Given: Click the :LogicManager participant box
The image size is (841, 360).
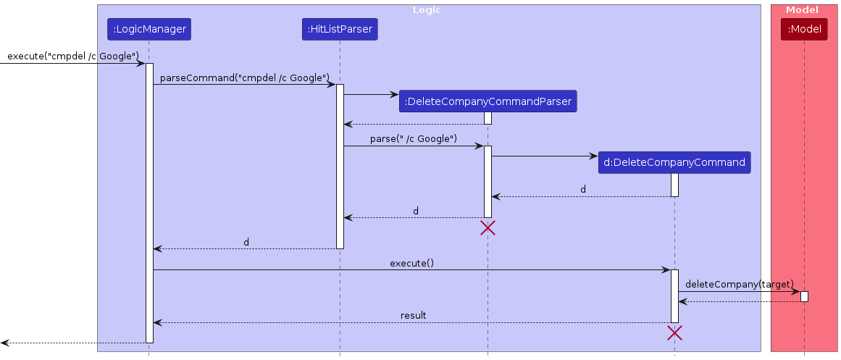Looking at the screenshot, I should (x=148, y=30).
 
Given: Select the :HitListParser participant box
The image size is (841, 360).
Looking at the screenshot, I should (x=340, y=30).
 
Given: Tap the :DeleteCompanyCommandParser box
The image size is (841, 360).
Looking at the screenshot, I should (x=488, y=101).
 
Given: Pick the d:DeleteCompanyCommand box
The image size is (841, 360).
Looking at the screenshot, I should (x=674, y=162).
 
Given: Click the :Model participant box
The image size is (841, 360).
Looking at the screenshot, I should (x=803, y=30).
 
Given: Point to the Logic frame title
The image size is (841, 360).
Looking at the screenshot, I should (x=427, y=10).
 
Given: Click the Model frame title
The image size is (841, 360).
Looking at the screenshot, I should (x=802, y=10).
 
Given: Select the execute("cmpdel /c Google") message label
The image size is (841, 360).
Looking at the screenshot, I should (x=73, y=56).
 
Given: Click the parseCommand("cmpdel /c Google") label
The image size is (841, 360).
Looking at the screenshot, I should (x=245, y=78).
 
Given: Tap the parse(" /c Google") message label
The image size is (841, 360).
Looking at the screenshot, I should (x=414, y=138).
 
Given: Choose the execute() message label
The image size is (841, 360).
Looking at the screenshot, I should (x=411, y=263).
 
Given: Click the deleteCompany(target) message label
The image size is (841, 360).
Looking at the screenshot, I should (x=739, y=284).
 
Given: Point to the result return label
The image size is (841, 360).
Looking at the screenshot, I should (x=413, y=316).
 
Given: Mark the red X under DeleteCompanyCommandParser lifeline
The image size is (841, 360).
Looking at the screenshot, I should (x=488, y=228).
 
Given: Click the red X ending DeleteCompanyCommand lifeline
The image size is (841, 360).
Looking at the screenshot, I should (x=674, y=333).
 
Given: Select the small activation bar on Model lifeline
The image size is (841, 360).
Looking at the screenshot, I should (x=804, y=296).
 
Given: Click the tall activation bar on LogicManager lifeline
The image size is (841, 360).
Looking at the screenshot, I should (x=149, y=203).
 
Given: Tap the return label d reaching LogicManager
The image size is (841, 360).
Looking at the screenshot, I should (x=246, y=242).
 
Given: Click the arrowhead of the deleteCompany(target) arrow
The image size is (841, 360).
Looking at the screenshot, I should (x=795, y=291).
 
